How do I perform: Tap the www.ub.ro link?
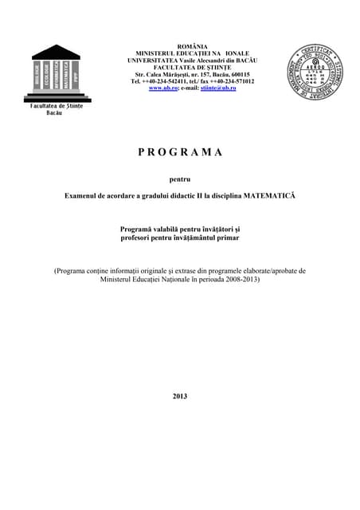pyautogui.click(x=160, y=88)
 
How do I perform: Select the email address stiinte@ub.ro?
pyautogui.click(x=219, y=88)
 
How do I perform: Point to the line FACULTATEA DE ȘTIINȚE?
pyautogui.click(x=192, y=67)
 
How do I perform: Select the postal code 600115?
pyautogui.click(x=237, y=74)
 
